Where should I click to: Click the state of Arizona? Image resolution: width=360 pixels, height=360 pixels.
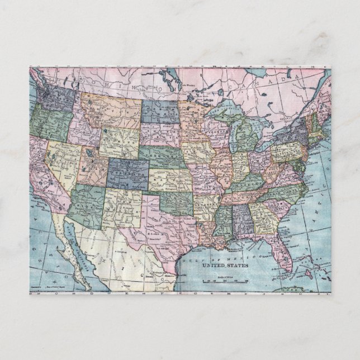coord(86,202)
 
